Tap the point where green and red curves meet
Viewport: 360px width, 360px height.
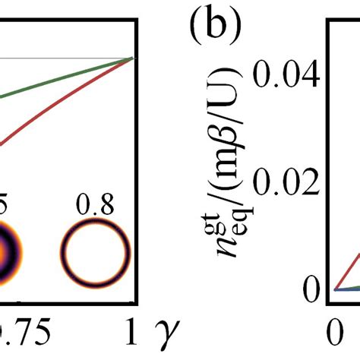pyautogui.click(x=133, y=58)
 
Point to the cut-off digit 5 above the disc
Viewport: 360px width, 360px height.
pyautogui.click(x=5, y=207)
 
